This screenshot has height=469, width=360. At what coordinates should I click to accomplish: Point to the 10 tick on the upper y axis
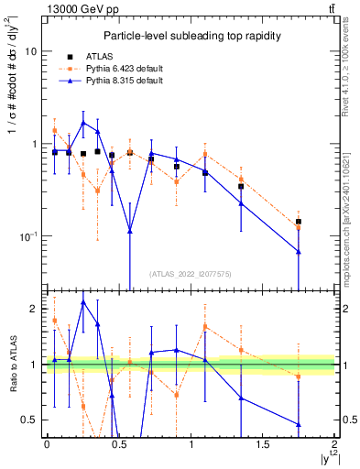click(32, 52)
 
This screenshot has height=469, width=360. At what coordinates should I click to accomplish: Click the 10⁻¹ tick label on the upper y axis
click(28, 236)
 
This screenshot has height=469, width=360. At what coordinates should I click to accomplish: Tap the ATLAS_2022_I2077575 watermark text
click(190, 274)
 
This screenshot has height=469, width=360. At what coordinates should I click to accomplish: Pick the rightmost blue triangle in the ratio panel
click(299, 424)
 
